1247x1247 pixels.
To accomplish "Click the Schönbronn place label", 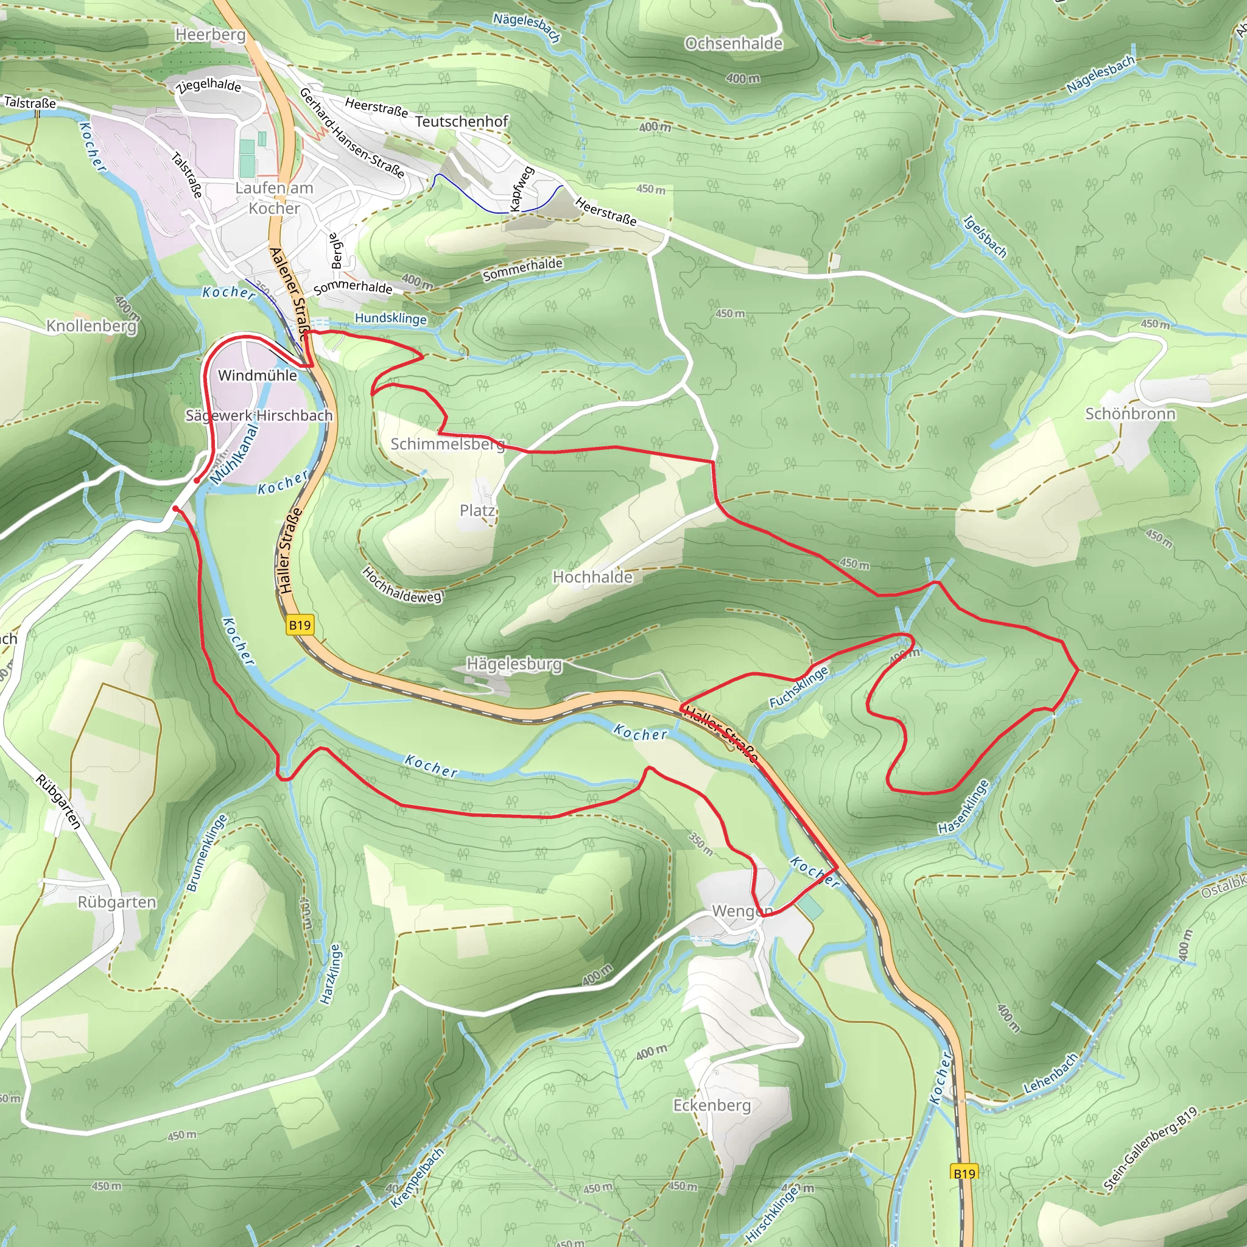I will [1130, 413].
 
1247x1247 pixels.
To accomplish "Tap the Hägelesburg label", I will [515, 664].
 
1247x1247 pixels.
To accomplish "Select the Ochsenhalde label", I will [733, 44].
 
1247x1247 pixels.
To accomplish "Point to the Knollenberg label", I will [92, 326].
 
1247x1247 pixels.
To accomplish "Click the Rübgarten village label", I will [117, 902].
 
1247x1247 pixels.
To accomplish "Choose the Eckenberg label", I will [712, 1105].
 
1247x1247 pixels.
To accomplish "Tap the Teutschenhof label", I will [462, 121].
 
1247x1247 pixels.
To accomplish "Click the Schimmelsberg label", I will [448, 444].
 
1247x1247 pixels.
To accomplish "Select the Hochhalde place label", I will [592, 577].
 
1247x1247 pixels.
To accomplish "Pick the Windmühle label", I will [258, 376].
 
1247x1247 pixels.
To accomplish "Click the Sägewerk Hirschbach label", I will [259, 416].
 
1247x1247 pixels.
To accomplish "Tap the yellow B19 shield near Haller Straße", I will [300, 625].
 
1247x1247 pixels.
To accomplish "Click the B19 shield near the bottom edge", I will [964, 1173].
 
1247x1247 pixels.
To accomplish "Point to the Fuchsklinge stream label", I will [798, 687].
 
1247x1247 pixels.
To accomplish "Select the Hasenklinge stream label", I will [963, 807].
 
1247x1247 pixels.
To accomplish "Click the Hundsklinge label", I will [390, 318].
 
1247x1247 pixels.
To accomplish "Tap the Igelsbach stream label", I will [985, 236].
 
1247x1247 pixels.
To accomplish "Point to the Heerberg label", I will [211, 35].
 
